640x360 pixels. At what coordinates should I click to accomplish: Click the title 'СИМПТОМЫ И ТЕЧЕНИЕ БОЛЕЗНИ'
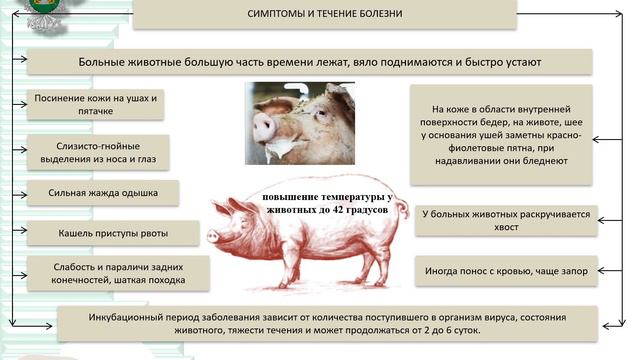pyautogui.click(x=324, y=15)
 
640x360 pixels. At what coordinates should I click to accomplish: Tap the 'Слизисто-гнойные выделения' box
pyautogui.click(x=97, y=151)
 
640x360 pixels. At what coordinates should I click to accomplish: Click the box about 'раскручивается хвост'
pyautogui.click(x=506, y=220)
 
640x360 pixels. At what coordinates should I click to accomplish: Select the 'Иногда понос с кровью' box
pyautogui.click(x=506, y=270)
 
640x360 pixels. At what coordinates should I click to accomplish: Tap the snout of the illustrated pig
pyautogui.click(x=212, y=236)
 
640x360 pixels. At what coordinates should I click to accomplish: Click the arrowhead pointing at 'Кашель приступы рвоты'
pyautogui.click(x=20, y=234)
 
